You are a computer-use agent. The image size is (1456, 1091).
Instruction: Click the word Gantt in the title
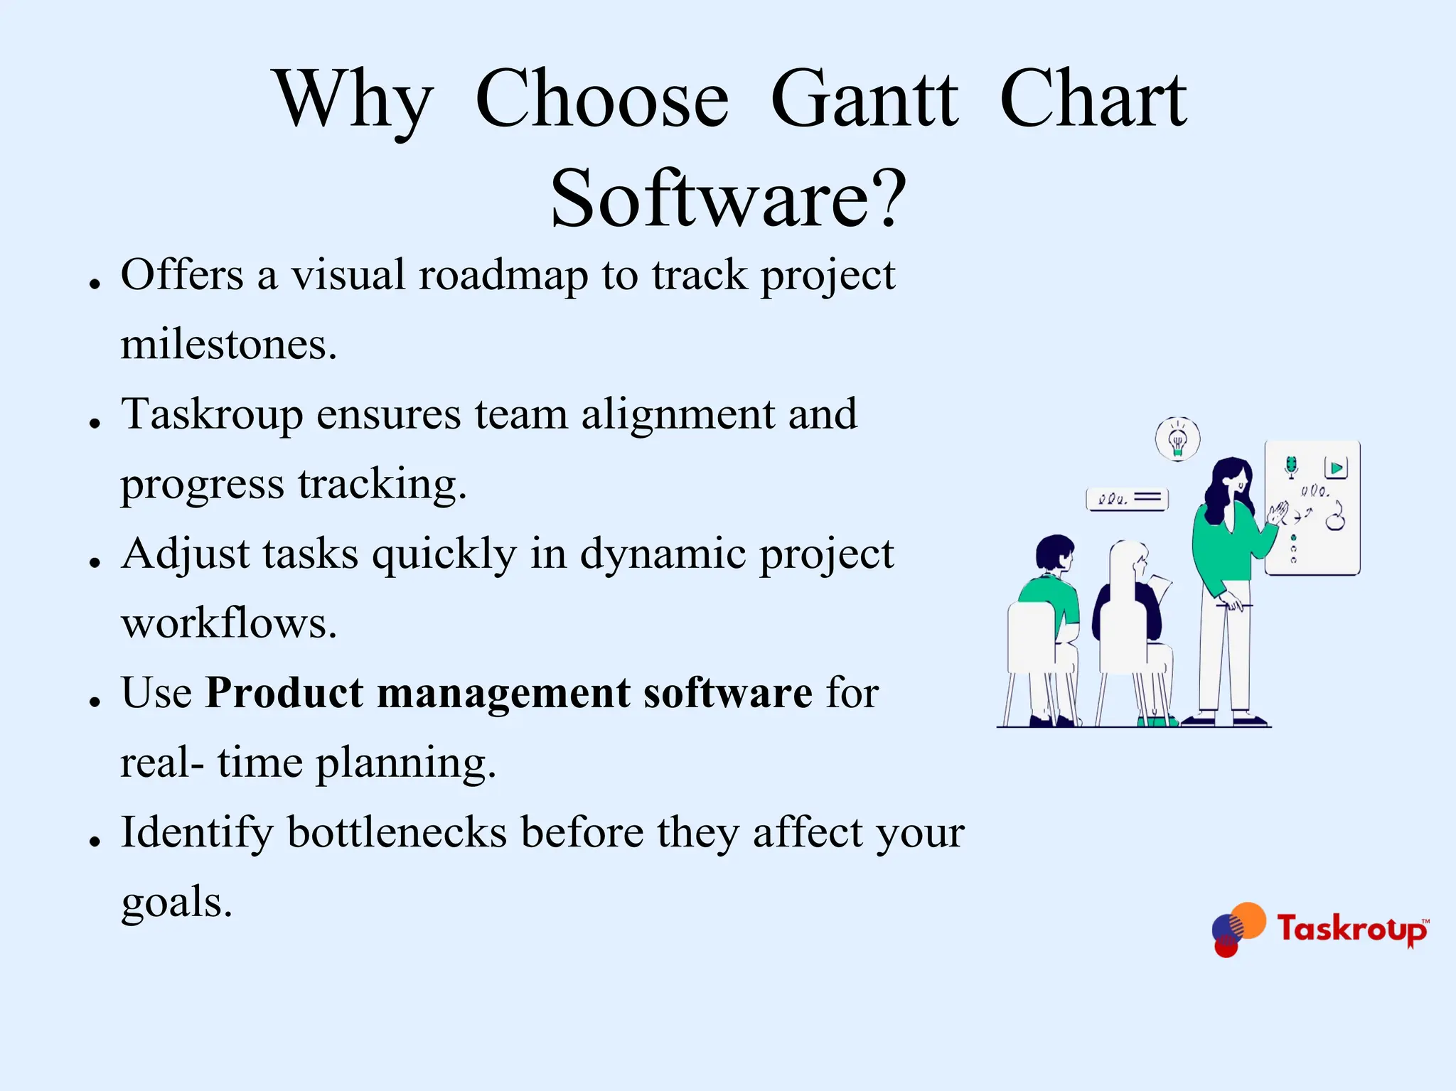[864, 100]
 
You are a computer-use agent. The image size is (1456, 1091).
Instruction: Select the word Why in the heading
[353, 100]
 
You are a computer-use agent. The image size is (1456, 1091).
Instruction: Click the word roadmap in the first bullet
[503, 276]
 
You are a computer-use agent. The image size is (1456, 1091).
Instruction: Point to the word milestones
[228, 345]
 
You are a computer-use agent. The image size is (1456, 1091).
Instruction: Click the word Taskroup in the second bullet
[212, 415]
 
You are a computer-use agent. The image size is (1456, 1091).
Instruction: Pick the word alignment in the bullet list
[678, 414]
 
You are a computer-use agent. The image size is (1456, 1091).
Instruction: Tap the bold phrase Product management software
[508, 693]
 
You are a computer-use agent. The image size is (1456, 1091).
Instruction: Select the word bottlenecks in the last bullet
[397, 832]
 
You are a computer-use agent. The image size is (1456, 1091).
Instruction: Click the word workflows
[228, 624]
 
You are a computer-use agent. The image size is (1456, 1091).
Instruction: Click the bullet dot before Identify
[95, 842]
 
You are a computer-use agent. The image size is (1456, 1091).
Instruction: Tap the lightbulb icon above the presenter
[1177, 439]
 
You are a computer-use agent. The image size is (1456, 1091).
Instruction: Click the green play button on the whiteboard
[1336, 468]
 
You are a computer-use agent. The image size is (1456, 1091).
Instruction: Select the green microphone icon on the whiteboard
[1291, 466]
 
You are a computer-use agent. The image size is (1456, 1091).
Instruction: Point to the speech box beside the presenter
[1128, 499]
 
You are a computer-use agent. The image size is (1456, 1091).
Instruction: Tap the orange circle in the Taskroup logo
[1248, 920]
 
